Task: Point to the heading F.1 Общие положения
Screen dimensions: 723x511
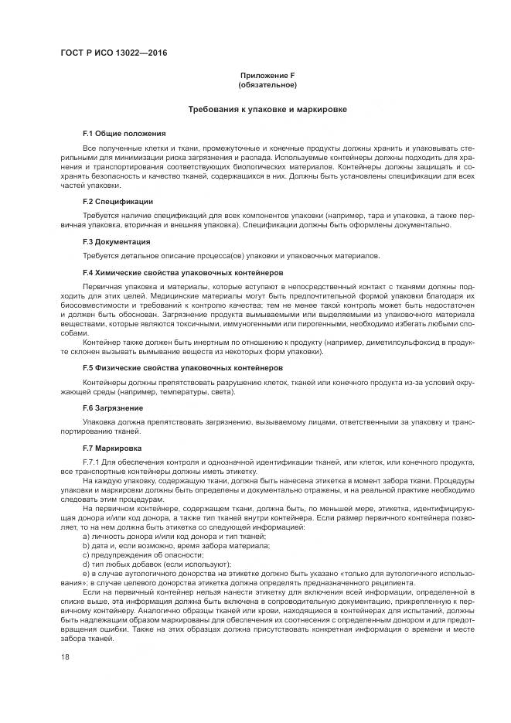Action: click(124, 134)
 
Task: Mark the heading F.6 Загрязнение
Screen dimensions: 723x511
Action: click(113, 408)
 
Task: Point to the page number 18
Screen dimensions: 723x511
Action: click(65, 657)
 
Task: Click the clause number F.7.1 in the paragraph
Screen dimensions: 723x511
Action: click(93, 462)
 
